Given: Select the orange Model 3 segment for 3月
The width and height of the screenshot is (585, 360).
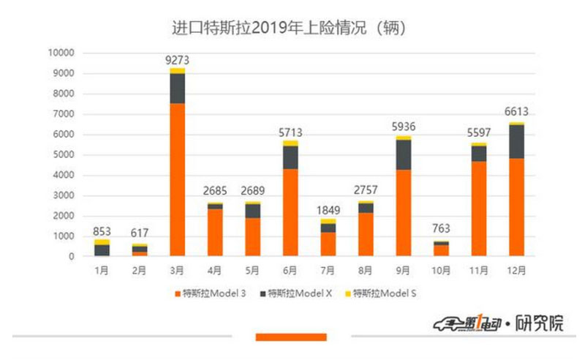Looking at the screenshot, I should pyautogui.click(x=178, y=179).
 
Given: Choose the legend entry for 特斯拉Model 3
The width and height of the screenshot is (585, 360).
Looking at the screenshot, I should pyautogui.click(x=210, y=294).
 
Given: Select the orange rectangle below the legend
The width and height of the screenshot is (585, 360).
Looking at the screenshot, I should pyautogui.click(x=290, y=337).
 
